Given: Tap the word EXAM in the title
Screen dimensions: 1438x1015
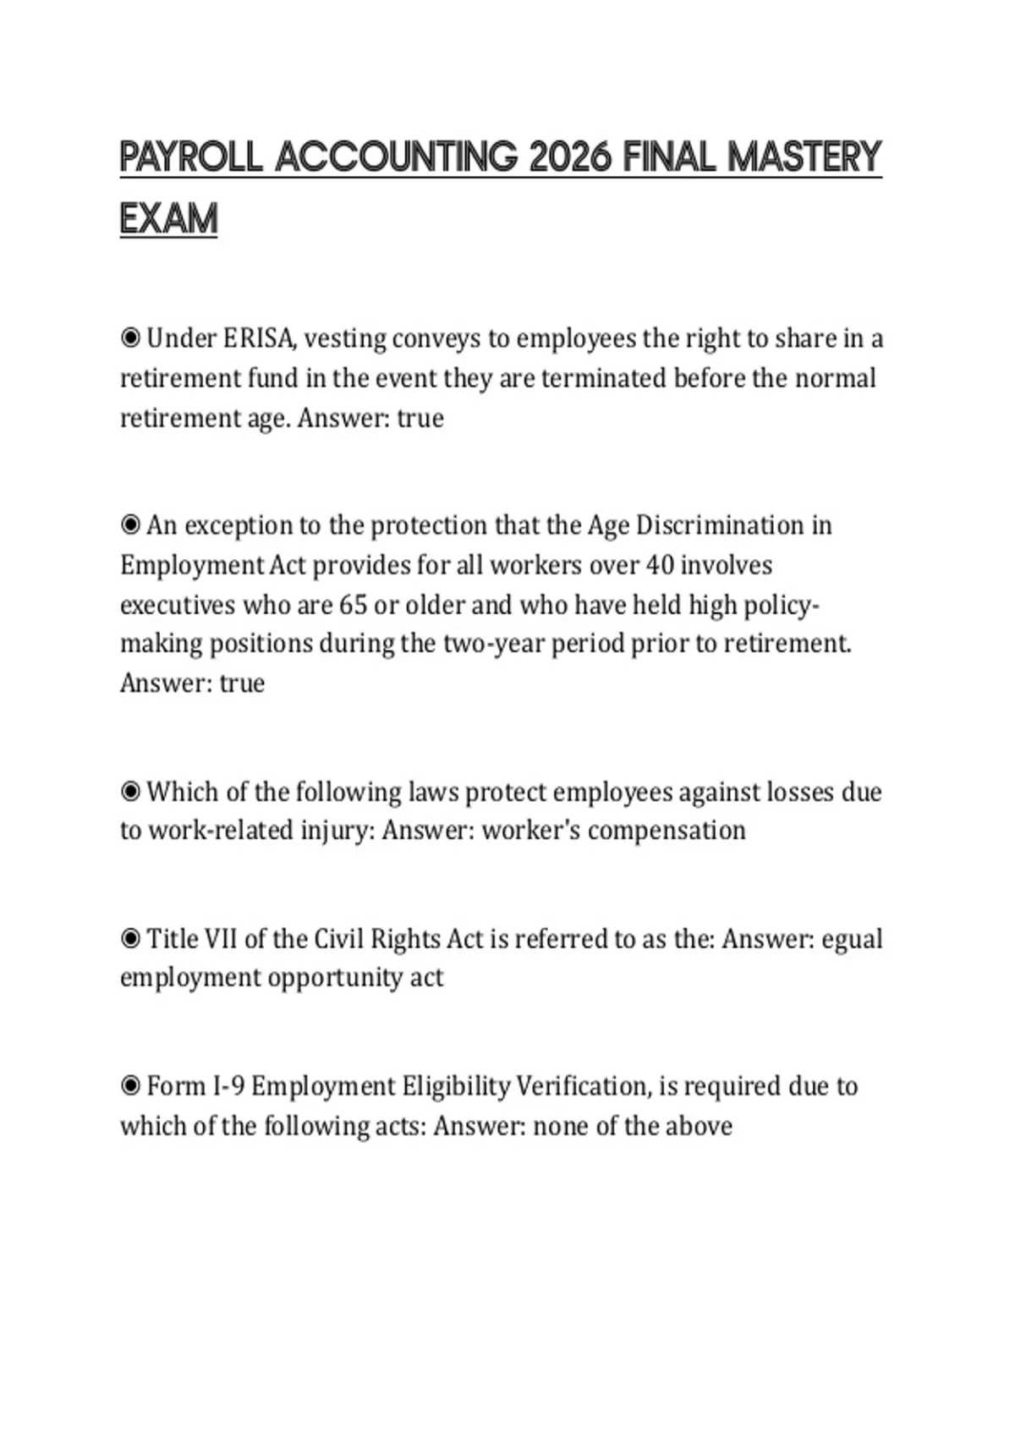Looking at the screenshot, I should click(x=169, y=220).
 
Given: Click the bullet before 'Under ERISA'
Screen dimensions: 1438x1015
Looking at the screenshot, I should click(x=130, y=339).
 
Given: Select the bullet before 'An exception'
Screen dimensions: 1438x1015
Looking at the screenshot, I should click(x=130, y=526).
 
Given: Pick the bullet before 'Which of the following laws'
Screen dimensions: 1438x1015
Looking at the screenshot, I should click(x=130, y=793).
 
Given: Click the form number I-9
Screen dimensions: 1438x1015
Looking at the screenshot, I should click(x=226, y=1087).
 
